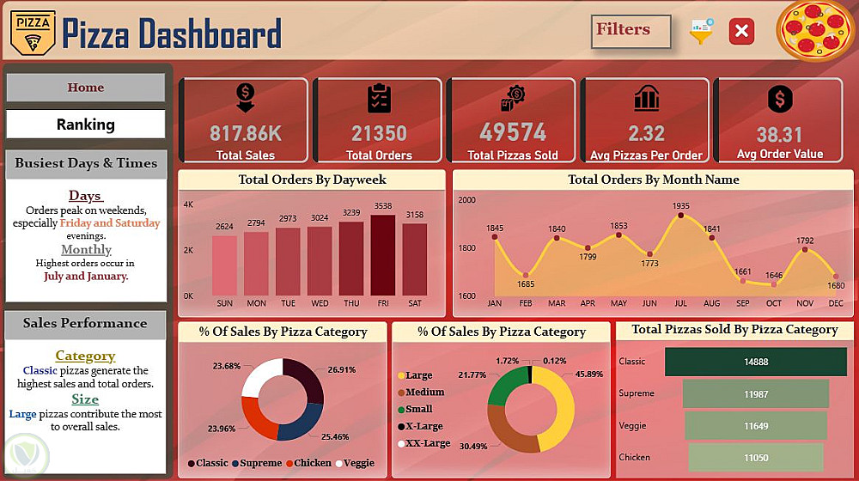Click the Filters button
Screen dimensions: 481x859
click(x=631, y=31)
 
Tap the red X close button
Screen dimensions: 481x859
click(x=741, y=32)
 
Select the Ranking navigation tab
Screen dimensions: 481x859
click(x=85, y=125)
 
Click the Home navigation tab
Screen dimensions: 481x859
click(x=85, y=88)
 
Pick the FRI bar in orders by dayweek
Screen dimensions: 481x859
click(x=383, y=254)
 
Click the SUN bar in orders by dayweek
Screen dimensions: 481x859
click(x=224, y=265)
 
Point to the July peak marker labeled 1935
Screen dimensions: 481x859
click(x=681, y=216)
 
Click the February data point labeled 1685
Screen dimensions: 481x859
click(x=526, y=275)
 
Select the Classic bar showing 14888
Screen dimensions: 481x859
click(x=756, y=362)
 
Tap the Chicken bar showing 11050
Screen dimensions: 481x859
click(x=756, y=457)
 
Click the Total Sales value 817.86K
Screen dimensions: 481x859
click(x=246, y=134)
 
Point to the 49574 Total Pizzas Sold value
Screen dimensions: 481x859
click(x=513, y=133)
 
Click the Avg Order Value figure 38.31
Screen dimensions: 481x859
click(x=779, y=135)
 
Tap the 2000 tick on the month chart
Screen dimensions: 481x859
click(x=466, y=200)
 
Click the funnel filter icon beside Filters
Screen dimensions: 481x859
click(x=702, y=32)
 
